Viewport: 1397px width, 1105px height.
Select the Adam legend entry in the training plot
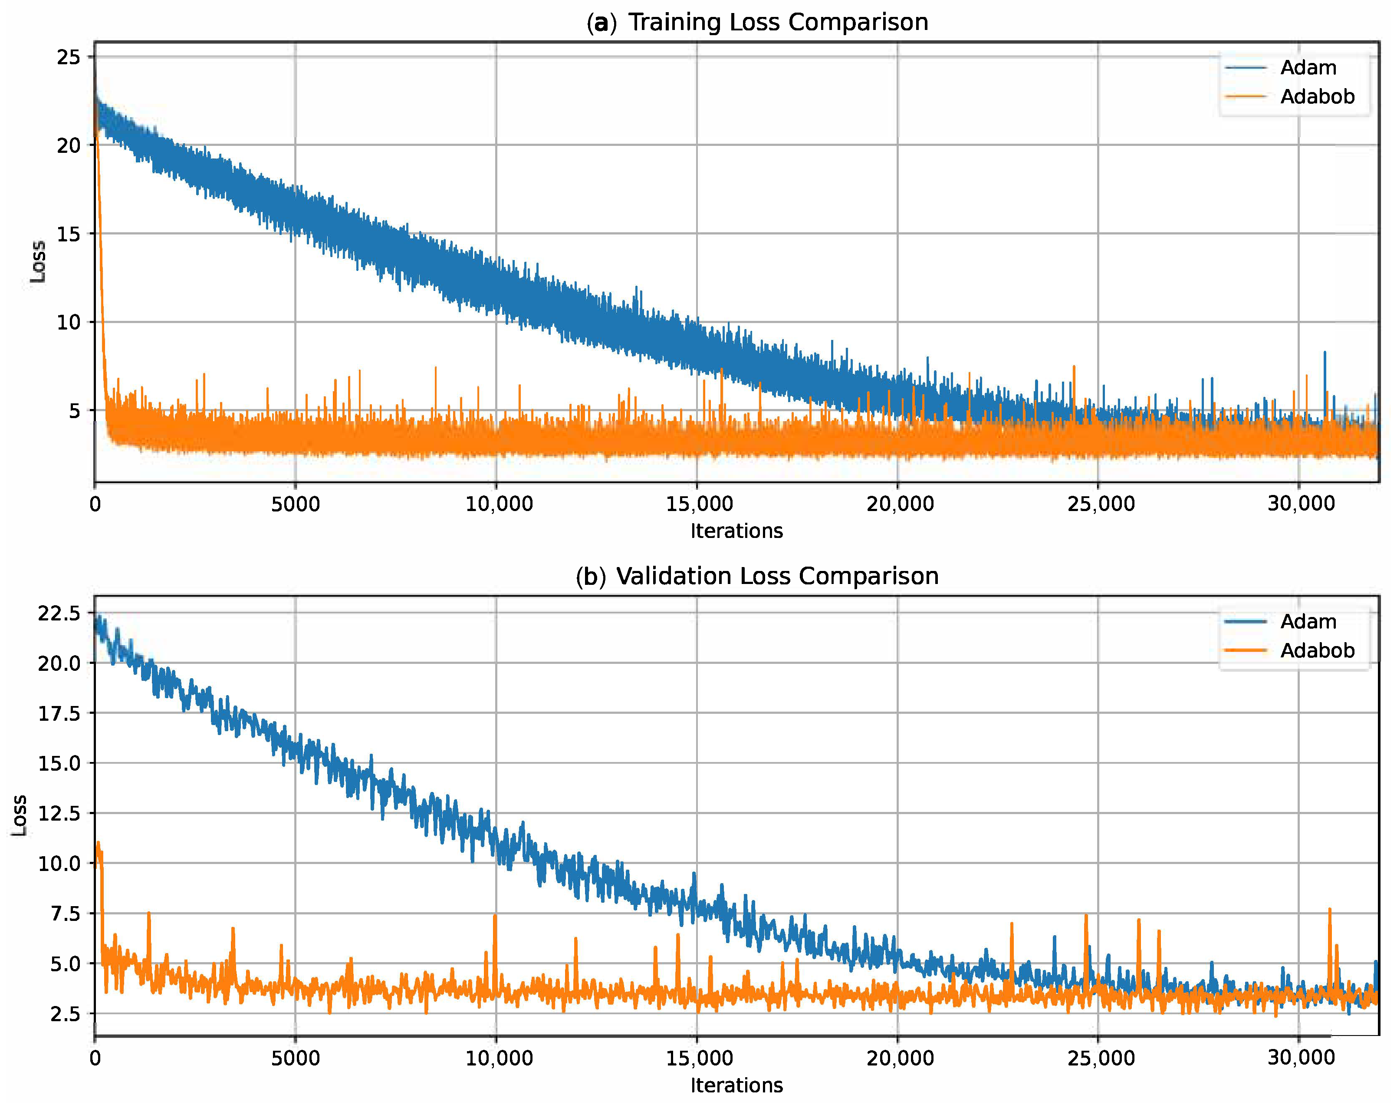(x=1308, y=67)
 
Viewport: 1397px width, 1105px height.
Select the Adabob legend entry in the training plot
(x=1317, y=96)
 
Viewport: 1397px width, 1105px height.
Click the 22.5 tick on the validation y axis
(x=59, y=613)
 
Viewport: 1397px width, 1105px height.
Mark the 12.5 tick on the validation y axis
(x=59, y=812)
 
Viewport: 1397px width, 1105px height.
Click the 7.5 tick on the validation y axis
(x=66, y=913)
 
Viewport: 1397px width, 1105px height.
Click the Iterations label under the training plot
(x=736, y=531)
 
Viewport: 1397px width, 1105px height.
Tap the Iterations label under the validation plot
(x=736, y=1085)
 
